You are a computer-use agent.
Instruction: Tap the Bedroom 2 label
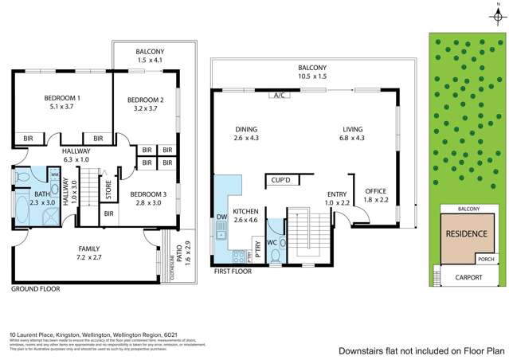145,100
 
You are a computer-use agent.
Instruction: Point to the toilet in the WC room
275,254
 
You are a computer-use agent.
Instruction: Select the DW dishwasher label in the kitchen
221,216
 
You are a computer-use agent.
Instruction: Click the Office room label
375,191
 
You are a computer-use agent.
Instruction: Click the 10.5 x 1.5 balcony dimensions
314,78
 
